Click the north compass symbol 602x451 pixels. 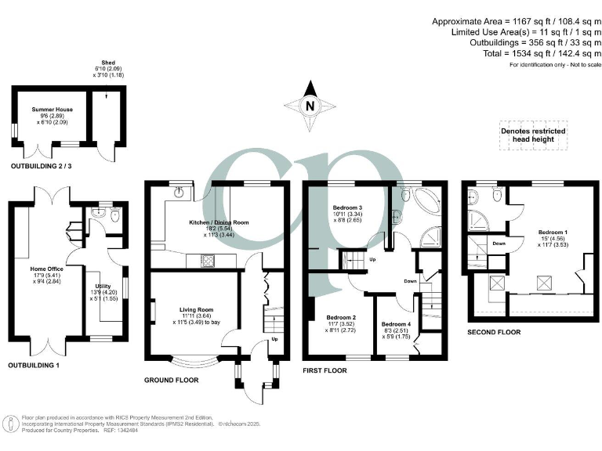pyautogui.click(x=310, y=106)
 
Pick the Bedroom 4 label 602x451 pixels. pyautogui.click(x=396, y=323)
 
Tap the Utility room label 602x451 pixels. pyautogui.click(x=103, y=287)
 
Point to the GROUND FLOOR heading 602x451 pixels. pyautogui.click(x=171, y=380)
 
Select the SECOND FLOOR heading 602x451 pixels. pyautogui.click(x=494, y=332)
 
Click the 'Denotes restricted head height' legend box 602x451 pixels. pyautogui.click(x=532, y=135)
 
